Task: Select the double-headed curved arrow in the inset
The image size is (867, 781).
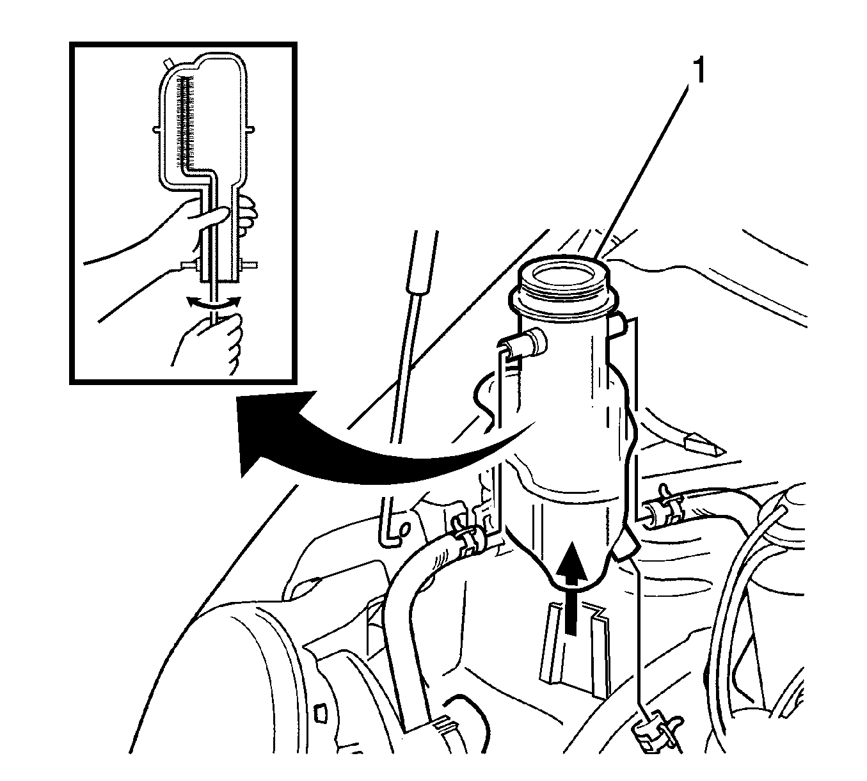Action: coord(214,303)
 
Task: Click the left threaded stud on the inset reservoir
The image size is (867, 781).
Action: coord(190,265)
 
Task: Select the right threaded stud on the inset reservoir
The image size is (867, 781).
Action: coord(248,264)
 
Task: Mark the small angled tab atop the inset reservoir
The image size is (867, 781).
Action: coord(168,64)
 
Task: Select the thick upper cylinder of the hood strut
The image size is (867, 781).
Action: coord(422,263)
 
